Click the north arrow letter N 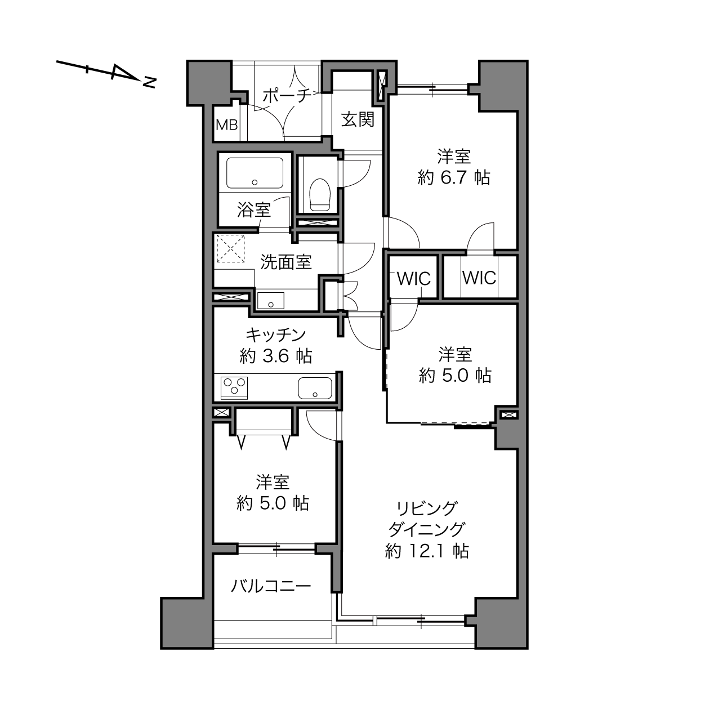pyautogui.click(x=149, y=83)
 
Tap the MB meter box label pyautogui.click(x=227, y=125)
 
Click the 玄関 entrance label pyautogui.click(x=358, y=119)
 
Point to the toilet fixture pyautogui.click(x=320, y=194)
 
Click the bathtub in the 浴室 pyautogui.click(x=255, y=173)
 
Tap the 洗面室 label pyautogui.click(x=285, y=262)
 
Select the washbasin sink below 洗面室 pyautogui.click(x=271, y=300)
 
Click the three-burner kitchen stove pyautogui.click(x=234, y=387)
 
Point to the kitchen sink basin pyautogui.click(x=315, y=388)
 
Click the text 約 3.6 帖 pyautogui.click(x=276, y=356)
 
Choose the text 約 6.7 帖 pyautogui.click(x=454, y=178)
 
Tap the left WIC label pyautogui.click(x=414, y=279)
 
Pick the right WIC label pyautogui.click(x=479, y=278)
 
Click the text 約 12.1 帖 pyautogui.click(x=427, y=551)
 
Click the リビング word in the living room pyautogui.click(x=427, y=508)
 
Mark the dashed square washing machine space pyautogui.click(x=230, y=248)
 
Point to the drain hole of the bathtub pyautogui.click(x=255, y=182)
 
